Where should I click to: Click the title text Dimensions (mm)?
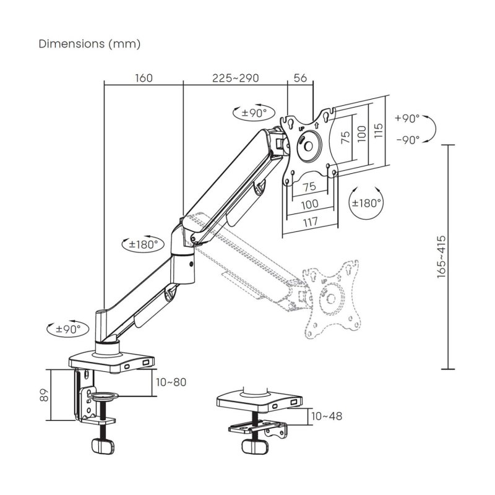coord(90,44)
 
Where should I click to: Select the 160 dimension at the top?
coord(142,78)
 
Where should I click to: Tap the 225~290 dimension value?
coord(235,78)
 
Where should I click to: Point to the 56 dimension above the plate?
coord(301,78)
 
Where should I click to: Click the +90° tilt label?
coord(407,118)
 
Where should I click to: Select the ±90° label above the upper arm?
coord(251,113)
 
